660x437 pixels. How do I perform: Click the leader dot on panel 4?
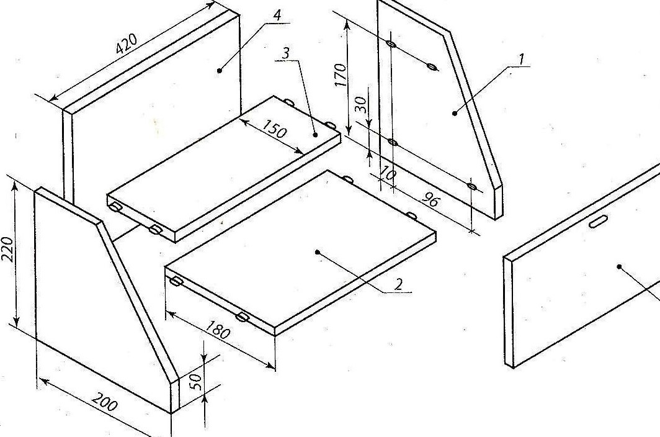[x=220, y=70]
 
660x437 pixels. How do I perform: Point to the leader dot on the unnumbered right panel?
[x=619, y=266]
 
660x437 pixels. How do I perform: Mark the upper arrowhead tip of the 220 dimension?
[x=16, y=181]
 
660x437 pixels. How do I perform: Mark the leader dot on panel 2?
[x=317, y=252]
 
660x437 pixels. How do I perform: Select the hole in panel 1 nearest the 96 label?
[x=472, y=186]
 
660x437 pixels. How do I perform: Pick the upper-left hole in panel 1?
[x=391, y=44]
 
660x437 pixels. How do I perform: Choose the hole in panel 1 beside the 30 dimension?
[x=392, y=142]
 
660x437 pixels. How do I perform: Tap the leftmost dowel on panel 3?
[x=115, y=207]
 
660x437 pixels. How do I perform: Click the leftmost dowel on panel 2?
[x=176, y=281]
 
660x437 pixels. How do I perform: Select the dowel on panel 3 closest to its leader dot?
[x=330, y=125]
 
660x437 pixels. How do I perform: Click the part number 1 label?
[x=521, y=59]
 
